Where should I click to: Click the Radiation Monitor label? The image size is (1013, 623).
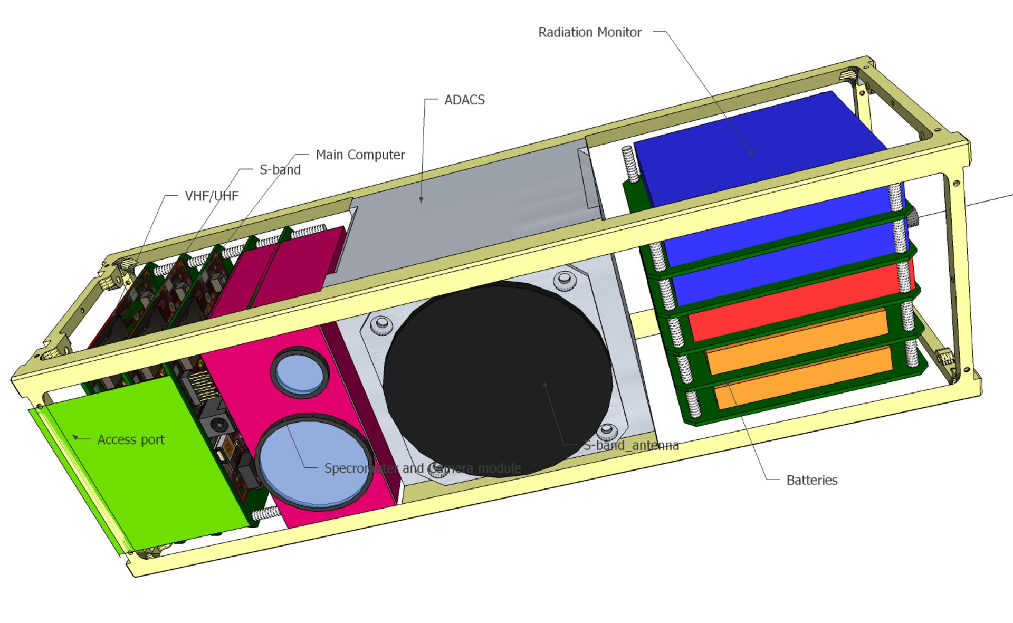coord(589,33)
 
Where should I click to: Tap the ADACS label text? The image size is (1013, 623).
coord(464,100)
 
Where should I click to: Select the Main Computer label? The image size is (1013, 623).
coord(360,155)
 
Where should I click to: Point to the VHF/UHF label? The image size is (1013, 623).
coord(212,196)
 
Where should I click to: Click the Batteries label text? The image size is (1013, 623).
coord(811,481)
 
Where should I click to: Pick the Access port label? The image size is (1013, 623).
coord(131,440)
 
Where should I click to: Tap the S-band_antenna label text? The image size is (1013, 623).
coord(631,446)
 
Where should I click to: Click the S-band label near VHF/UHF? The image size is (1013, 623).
coord(280,170)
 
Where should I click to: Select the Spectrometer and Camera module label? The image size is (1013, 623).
coord(422,468)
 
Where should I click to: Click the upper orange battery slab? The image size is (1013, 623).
coord(797,340)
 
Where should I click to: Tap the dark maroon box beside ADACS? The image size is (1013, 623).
coord(295,264)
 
